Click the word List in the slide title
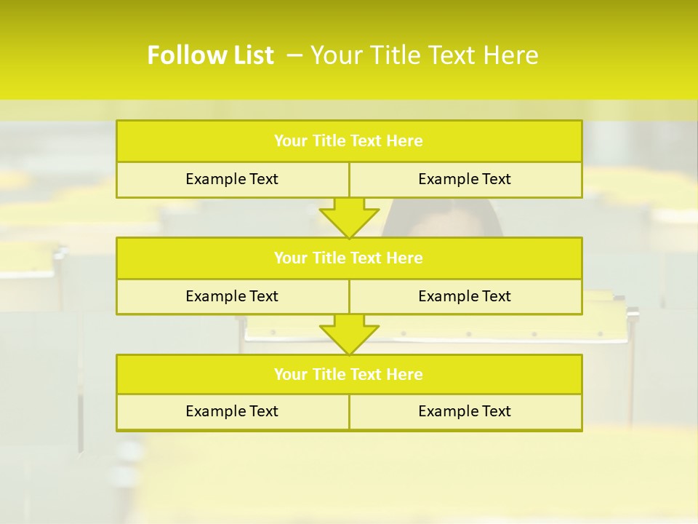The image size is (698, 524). tap(249, 55)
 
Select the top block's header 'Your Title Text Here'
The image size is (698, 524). tap(348, 141)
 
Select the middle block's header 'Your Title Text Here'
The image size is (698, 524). tap(348, 258)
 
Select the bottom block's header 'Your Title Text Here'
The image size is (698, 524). tap(348, 374)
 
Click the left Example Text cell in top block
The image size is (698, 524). tap(232, 179)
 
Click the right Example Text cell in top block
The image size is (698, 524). tap(465, 179)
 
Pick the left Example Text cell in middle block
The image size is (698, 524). tap(232, 296)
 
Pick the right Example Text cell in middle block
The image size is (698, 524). tap(465, 296)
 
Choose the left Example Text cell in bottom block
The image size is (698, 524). tap(232, 411)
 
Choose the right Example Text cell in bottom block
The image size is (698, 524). tap(465, 411)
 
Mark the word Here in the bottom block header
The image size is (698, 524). tap(405, 374)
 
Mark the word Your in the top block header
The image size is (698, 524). tap(291, 141)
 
